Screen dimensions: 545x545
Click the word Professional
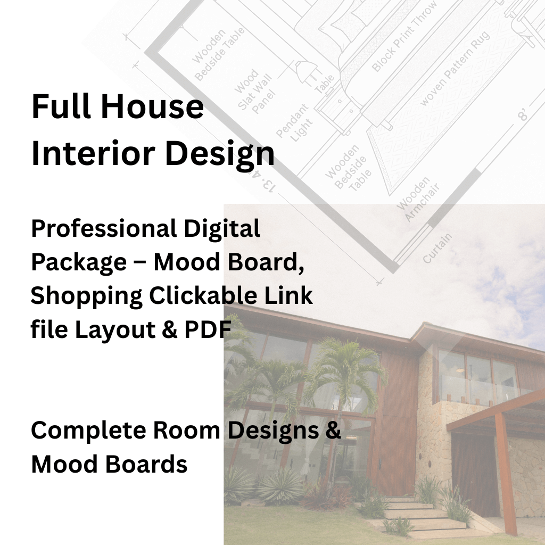(104, 229)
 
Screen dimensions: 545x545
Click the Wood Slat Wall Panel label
(255, 90)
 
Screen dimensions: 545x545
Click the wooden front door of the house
(474, 474)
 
